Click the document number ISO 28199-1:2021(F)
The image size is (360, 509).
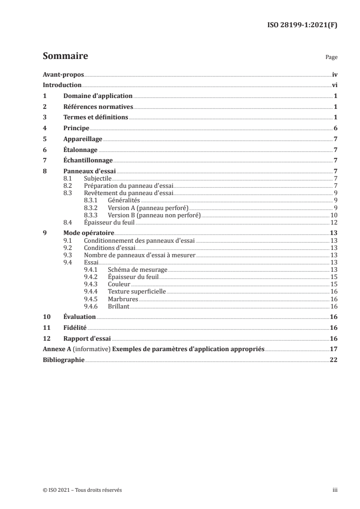coord(301,26)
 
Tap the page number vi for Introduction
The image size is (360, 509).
coord(335,85)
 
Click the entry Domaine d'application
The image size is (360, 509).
coord(98,96)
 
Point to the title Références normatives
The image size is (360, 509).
coord(98,107)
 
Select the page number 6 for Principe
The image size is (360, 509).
coord(335,128)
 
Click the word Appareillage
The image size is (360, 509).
coord(83,139)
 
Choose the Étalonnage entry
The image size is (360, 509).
coord(81,150)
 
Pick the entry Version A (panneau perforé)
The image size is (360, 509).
coord(141,208)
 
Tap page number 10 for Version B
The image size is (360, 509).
coord(334,215)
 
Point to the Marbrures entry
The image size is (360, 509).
coord(123,299)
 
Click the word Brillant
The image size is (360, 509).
coord(118,306)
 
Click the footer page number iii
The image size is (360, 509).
coord(335,490)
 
